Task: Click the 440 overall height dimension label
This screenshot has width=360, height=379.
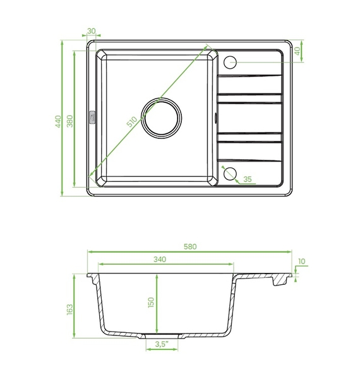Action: click(x=58, y=121)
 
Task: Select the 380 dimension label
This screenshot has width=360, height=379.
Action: click(x=69, y=121)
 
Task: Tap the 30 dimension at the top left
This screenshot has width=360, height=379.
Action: click(x=92, y=31)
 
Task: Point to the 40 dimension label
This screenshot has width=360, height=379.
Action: click(x=297, y=51)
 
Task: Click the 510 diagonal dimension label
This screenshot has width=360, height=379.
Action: click(x=131, y=121)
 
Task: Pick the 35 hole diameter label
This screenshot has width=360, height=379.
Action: click(x=248, y=179)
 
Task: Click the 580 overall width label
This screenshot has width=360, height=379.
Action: click(x=190, y=246)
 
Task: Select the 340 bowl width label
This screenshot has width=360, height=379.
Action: click(x=160, y=259)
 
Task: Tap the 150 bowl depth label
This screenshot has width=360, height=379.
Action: click(x=151, y=303)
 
